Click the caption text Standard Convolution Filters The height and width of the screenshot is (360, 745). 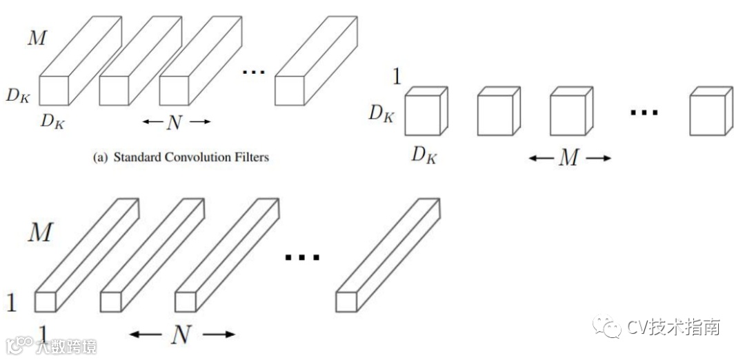pyautogui.click(x=191, y=157)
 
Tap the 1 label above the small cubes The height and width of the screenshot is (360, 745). pyautogui.click(x=396, y=76)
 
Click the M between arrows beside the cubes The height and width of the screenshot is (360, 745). pyautogui.click(x=569, y=158)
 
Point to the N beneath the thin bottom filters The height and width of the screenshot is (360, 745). pyautogui.click(x=181, y=335)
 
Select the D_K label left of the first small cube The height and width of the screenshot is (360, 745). pyautogui.click(x=381, y=113)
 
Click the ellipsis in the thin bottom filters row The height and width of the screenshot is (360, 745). pyautogui.click(x=302, y=258)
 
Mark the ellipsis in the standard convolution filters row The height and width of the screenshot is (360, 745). pyautogui.click(x=253, y=72)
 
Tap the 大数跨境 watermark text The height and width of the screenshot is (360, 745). pyautogui.click(x=66, y=346)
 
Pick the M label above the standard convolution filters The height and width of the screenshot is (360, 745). pyautogui.click(x=37, y=38)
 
